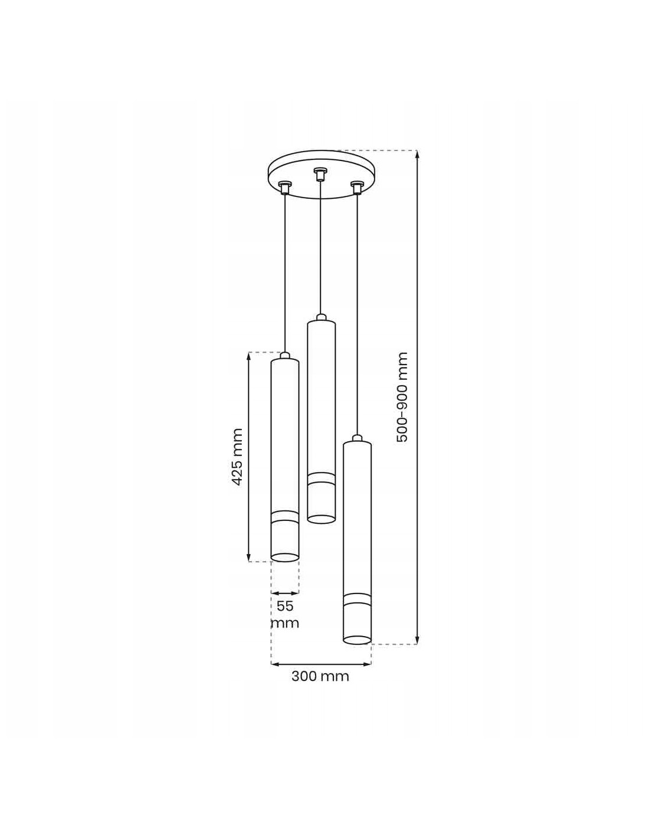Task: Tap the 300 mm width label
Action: [320, 676]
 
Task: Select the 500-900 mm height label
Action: [402, 397]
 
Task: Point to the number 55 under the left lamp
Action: [286, 606]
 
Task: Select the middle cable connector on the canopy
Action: [319, 174]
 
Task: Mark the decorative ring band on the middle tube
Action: [321, 478]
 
